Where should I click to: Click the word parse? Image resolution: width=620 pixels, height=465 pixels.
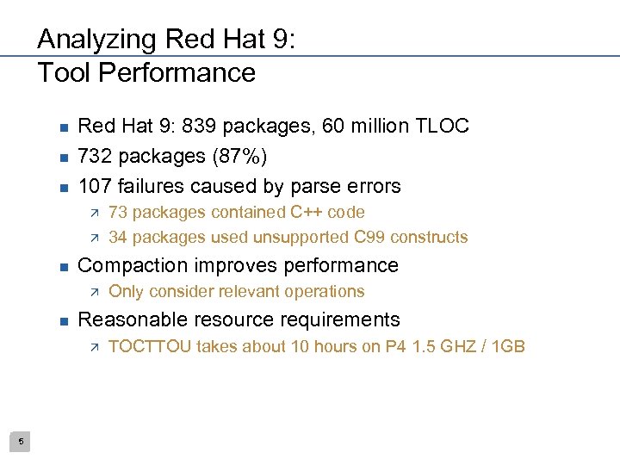(x=299, y=186)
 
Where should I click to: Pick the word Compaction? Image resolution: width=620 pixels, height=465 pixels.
(x=128, y=265)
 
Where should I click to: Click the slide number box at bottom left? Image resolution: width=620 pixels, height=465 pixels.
(x=22, y=442)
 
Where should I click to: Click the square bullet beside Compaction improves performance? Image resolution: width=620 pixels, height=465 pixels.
(x=63, y=266)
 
